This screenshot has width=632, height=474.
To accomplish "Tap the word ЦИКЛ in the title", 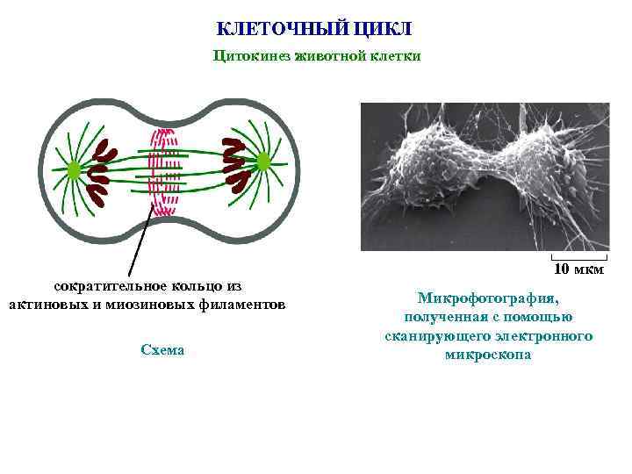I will click(384, 29).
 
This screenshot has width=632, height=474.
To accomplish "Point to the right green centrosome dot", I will click(262, 162).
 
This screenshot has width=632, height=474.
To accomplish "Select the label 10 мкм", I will click(579, 269).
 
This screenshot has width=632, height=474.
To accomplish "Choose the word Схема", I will click(162, 349).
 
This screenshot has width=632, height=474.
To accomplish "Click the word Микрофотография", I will click(488, 298).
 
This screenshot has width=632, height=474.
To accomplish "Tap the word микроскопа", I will click(488, 355).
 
